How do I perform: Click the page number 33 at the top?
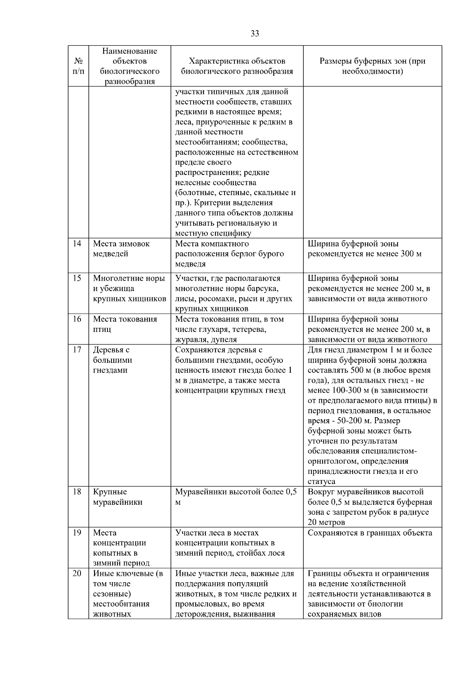pyautogui.click(x=255, y=34)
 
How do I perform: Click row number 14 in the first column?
pyautogui.click(x=77, y=244)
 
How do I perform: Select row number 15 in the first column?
pyautogui.click(x=77, y=278)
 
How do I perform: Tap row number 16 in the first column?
pyautogui.click(x=77, y=319)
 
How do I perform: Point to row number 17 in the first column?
pyautogui.click(x=77, y=350)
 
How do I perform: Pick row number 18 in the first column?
pyautogui.click(x=77, y=492)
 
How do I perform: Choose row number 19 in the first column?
pyautogui.click(x=77, y=533)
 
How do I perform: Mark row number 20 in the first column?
pyautogui.click(x=77, y=573)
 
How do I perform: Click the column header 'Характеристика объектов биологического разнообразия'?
pyautogui.click(x=237, y=66)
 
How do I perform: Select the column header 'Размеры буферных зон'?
pyautogui.click(x=372, y=66)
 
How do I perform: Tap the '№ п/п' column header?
pyautogui.click(x=78, y=66)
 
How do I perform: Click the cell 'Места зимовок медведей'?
pyautogui.click(x=121, y=249)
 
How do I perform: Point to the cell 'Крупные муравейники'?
pyautogui.click(x=118, y=497)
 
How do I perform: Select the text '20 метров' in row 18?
pyautogui.click(x=326, y=522)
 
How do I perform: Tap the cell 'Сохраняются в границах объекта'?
pyautogui.click(x=370, y=533)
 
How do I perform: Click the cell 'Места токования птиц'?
pyautogui.click(x=125, y=324)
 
